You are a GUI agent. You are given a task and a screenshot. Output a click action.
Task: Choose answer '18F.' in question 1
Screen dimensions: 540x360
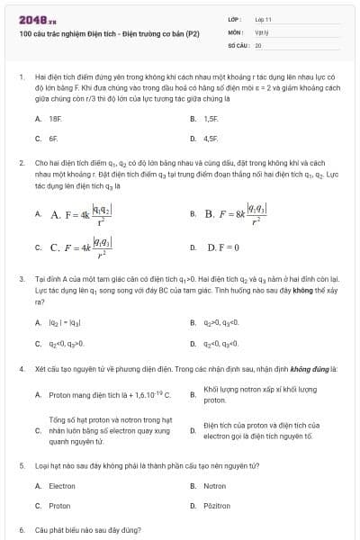55,119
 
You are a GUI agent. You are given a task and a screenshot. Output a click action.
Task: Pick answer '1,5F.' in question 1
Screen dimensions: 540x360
211,119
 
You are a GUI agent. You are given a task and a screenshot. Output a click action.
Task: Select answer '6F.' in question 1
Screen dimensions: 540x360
53,139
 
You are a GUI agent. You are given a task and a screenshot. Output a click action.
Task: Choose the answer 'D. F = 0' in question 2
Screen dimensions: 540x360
222,247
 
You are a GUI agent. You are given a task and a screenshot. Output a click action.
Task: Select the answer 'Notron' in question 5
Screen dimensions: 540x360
215,485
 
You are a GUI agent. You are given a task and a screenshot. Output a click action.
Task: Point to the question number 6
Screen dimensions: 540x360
21,532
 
